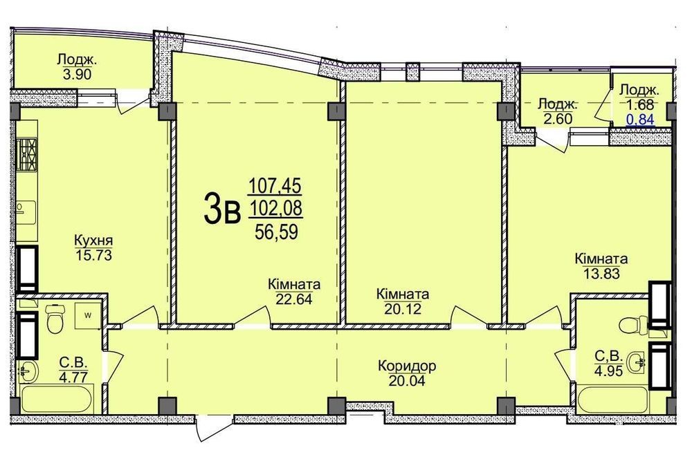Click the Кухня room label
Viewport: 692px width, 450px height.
(93, 241)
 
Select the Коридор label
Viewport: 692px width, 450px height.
(407, 366)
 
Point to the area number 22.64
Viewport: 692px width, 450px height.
(294, 299)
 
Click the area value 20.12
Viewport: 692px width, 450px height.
(403, 308)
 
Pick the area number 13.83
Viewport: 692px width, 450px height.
(601, 273)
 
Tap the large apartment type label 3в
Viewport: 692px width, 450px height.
(222, 210)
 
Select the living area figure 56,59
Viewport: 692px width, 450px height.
(277, 232)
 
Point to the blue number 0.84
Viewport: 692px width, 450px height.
(640, 119)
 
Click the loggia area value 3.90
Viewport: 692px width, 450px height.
(78, 74)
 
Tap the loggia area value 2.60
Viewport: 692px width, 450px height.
(558, 119)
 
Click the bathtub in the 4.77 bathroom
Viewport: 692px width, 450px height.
(57, 399)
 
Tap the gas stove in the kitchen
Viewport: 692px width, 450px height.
(27, 154)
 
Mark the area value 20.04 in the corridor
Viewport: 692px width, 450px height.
(407, 380)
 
